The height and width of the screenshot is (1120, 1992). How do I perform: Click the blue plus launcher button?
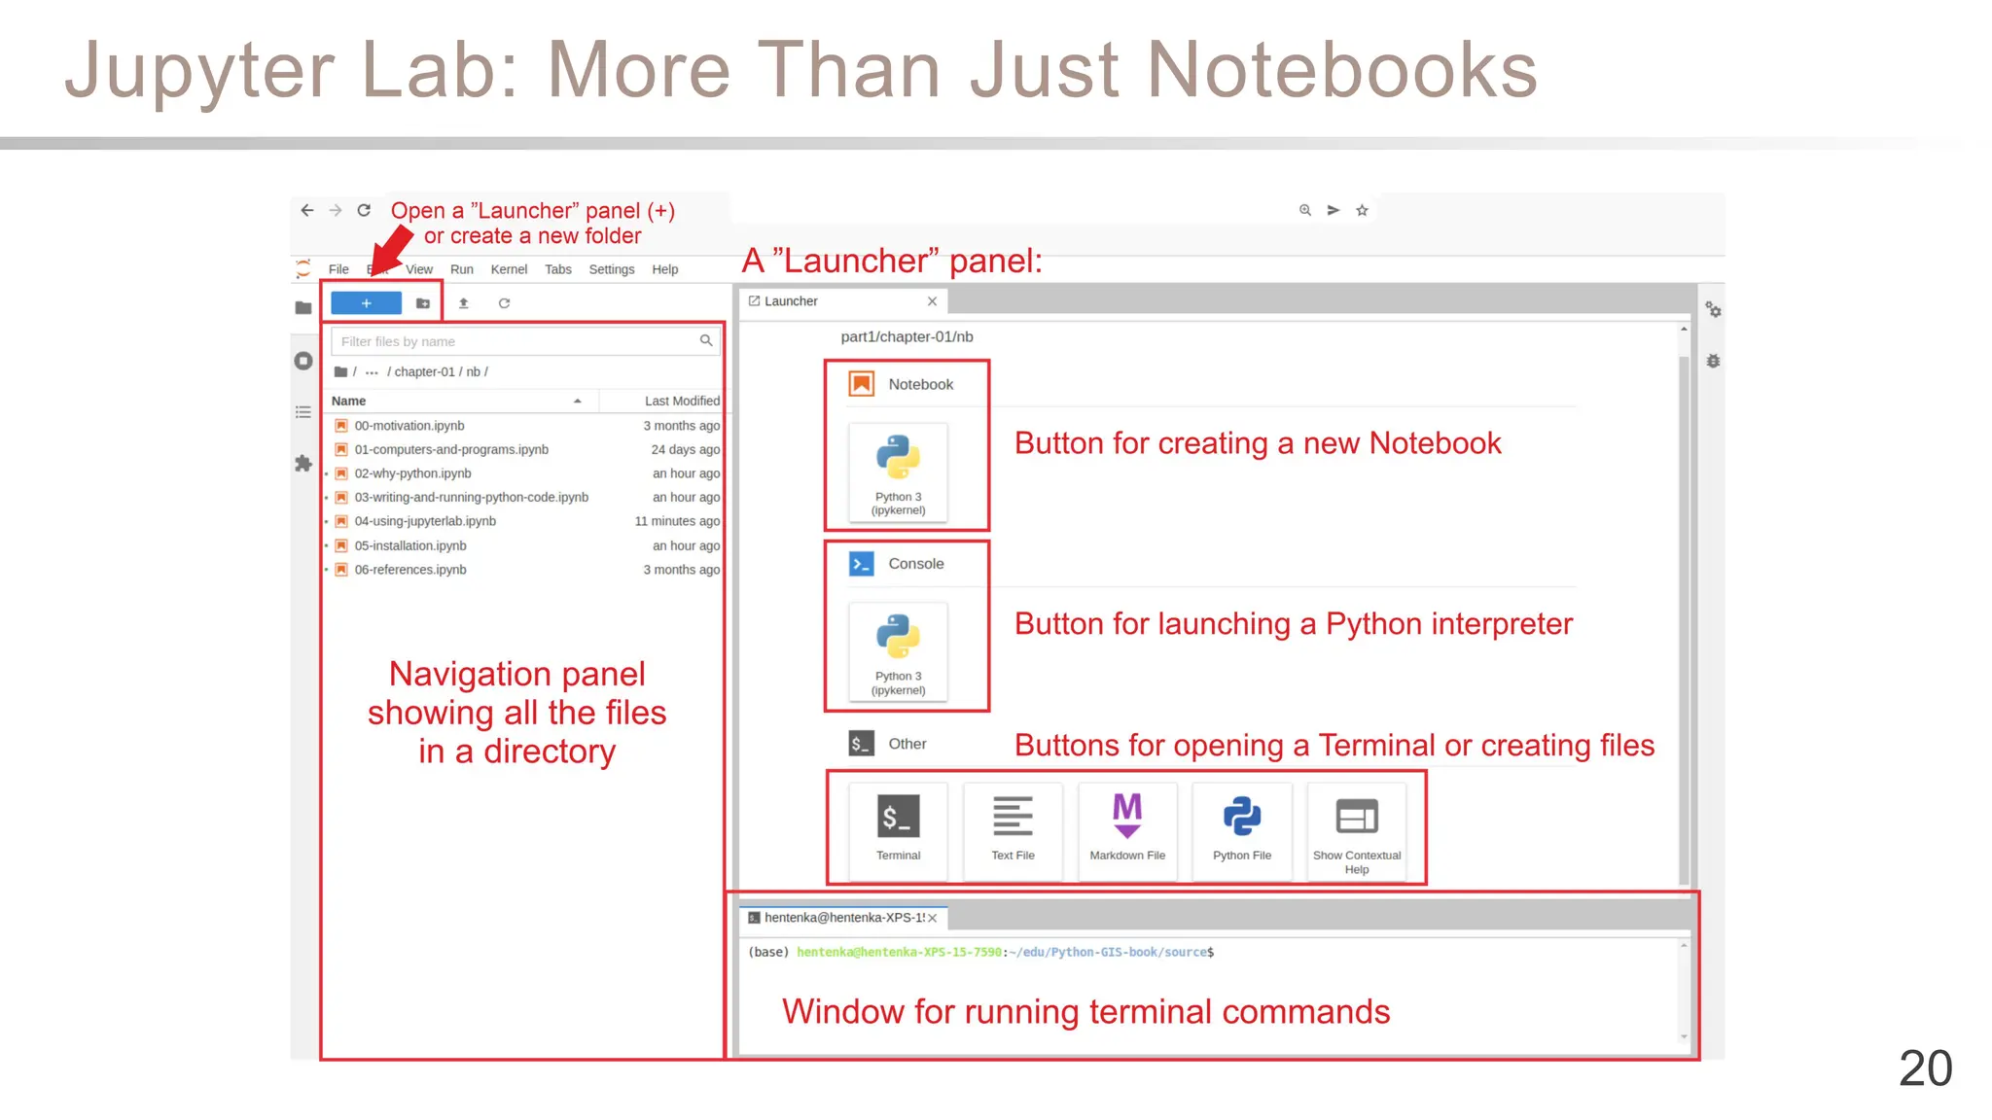tap(366, 303)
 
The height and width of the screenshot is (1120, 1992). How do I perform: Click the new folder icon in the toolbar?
tap(423, 303)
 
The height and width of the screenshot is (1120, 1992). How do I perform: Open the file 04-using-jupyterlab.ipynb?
tap(425, 521)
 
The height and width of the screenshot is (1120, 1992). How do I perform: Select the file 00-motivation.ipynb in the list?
tap(409, 426)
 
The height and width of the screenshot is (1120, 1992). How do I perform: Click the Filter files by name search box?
tap(516, 341)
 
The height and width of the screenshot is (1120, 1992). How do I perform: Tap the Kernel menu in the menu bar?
tap(509, 269)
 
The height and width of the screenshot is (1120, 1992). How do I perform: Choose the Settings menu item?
tap(611, 269)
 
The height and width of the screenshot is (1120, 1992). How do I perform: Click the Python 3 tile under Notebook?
tap(898, 472)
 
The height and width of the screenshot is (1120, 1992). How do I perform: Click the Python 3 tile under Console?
tap(898, 651)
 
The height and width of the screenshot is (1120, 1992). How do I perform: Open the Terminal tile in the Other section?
tap(898, 829)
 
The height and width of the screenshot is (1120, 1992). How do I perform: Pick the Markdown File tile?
tap(1127, 829)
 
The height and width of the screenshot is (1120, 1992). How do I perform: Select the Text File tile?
tap(1013, 829)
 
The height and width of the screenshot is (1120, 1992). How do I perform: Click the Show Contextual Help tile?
tap(1357, 829)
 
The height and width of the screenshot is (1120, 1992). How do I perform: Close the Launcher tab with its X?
tap(932, 301)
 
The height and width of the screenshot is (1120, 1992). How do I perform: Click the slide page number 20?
tap(1925, 1068)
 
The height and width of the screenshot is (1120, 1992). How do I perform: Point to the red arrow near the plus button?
tap(393, 249)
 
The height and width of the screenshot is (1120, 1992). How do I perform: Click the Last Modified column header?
tap(681, 401)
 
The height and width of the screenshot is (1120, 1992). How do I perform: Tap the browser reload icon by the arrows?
tap(364, 210)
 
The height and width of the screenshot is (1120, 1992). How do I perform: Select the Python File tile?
tap(1242, 829)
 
